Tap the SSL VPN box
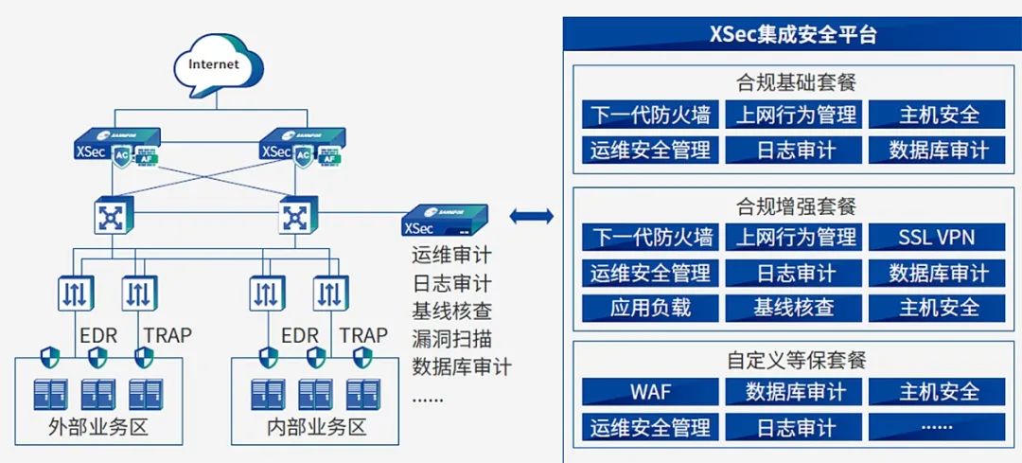[x=937, y=237]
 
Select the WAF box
[x=650, y=392]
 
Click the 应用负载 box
[x=650, y=308]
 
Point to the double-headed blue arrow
[x=531, y=216]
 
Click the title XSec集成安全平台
[x=792, y=35]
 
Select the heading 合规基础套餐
[x=795, y=81]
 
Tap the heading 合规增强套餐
[x=795, y=205]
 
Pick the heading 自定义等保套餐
[x=795, y=360]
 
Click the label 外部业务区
[x=98, y=426]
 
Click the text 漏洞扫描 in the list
[x=451, y=338]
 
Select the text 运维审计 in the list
[x=451, y=255]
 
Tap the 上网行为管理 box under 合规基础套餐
[x=796, y=116]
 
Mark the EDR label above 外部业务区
[x=97, y=334]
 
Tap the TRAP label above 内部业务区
[x=363, y=334]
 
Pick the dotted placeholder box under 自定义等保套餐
[x=937, y=427]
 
